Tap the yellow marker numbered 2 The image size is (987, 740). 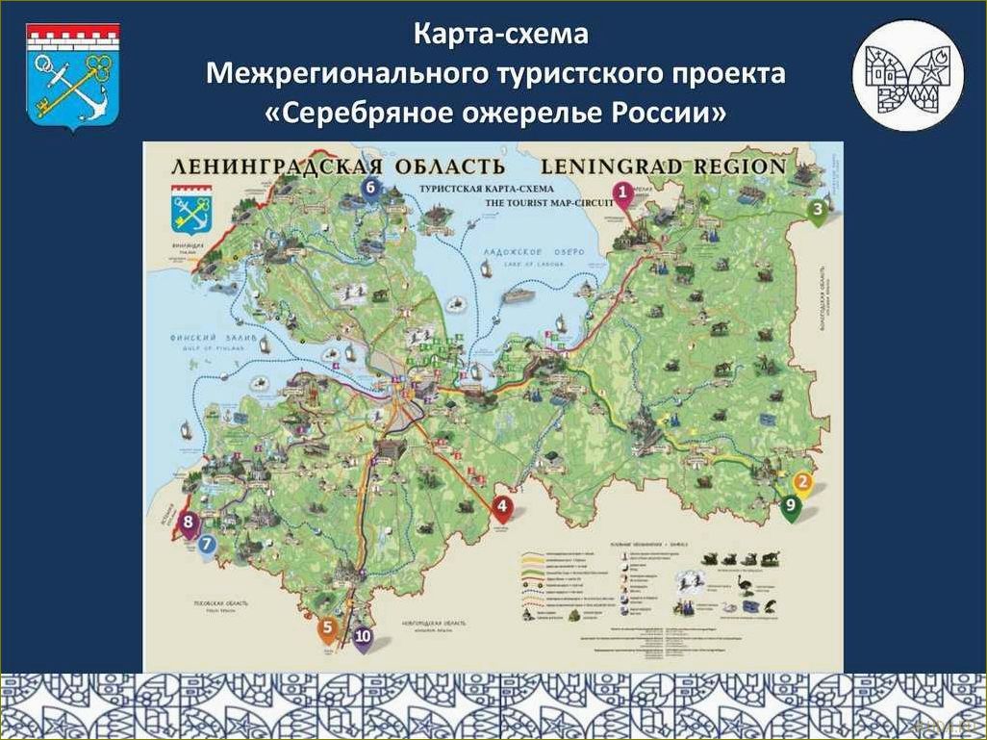coord(802,484)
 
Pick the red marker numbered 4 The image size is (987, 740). coord(501,507)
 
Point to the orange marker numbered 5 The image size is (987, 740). coord(328,629)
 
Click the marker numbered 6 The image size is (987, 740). coord(371,188)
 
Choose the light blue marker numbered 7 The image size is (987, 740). coord(208,545)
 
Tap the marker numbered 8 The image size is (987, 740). coord(189,524)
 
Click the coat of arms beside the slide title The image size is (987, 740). coord(72,77)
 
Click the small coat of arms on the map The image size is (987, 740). coord(190,215)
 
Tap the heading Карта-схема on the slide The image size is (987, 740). coord(500,34)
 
